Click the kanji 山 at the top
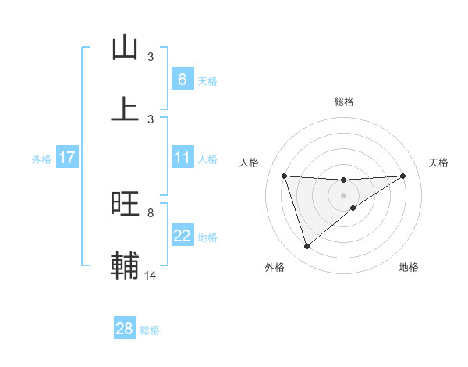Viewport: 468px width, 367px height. coord(125,48)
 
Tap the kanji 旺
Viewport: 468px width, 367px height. coord(125,204)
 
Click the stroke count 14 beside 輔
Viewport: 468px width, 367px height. coord(151,275)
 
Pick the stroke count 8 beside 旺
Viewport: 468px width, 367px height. coord(151,212)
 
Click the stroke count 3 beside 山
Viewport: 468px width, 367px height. coord(151,57)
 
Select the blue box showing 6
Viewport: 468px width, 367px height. coord(182,79)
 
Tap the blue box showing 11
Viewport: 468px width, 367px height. coord(182,158)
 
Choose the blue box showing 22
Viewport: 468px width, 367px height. coord(182,236)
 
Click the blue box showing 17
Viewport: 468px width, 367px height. coord(66,158)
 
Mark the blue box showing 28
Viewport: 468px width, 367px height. coord(124,329)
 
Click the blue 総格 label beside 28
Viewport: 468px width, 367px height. coord(150,330)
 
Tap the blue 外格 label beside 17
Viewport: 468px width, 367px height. coord(41,159)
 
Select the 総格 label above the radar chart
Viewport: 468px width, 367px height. coord(343,102)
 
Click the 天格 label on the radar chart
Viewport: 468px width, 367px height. coord(439,162)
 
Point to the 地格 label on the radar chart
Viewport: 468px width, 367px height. coord(409,267)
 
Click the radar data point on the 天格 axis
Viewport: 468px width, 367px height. coord(402,176)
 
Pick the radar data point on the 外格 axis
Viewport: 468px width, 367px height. coord(307,247)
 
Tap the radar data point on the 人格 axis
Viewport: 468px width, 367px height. coord(285,176)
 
